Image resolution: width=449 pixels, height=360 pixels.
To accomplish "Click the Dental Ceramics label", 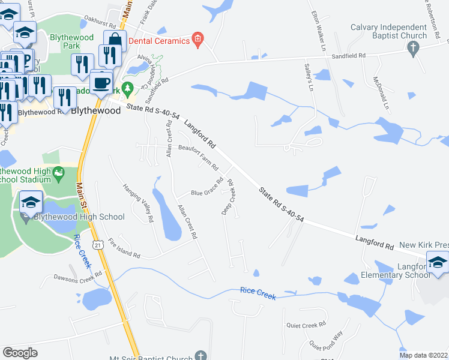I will click(x=160, y=40).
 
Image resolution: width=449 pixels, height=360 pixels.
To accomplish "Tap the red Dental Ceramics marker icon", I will click(x=197, y=40).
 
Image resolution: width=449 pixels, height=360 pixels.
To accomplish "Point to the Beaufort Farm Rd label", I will click(x=197, y=156).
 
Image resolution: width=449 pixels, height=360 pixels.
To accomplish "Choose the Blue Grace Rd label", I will click(x=207, y=187).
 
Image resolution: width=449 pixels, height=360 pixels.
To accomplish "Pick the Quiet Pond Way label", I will click(x=325, y=343).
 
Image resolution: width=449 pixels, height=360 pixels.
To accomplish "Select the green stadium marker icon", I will click(x=58, y=174).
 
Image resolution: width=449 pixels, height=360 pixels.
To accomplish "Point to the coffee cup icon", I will click(x=101, y=82).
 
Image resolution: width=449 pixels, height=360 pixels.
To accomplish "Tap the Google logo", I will click(x=20, y=353).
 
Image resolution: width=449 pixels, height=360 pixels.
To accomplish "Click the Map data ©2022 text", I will click(x=423, y=355).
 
